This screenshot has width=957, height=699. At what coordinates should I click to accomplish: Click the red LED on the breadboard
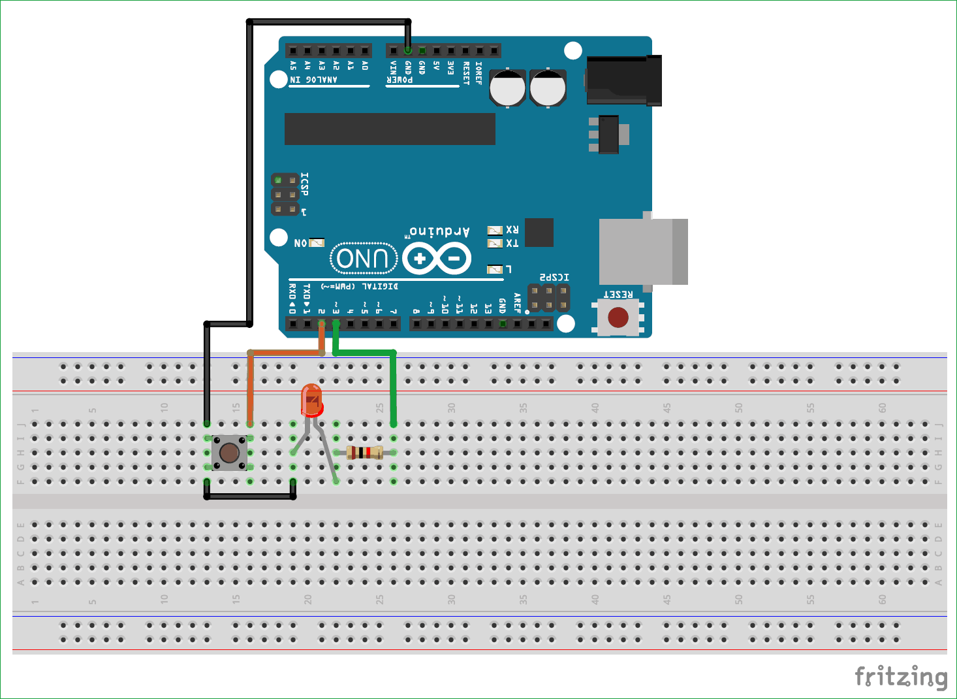pyautogui.click(x=311, y=400)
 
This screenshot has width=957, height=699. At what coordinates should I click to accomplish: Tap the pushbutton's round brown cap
pyautogui.click(x=229, y=453)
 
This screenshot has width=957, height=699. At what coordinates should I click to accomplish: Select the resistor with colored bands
pyautogui.click(x=365, y=452)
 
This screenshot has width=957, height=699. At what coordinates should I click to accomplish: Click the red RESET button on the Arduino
pyautogui.click(x=618, y=317)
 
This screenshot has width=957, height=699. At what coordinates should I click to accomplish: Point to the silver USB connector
pyautogui.click(x=642, y=252)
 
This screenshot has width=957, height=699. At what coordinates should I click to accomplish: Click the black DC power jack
pyautogui.click(x=623, y=80)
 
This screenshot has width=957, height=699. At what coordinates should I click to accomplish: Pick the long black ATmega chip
pyautogui.click(x=390, y=129)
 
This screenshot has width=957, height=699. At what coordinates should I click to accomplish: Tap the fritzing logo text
pyautogui.click(x=901, y=677)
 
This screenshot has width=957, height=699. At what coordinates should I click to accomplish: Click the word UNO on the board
pyautogui.click(x=364, y=259)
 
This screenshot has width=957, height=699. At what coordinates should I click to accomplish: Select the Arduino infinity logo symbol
pyautogui.click(x=437, y=259)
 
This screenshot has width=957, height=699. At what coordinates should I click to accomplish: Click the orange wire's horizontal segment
pyautogui.click(x=285, y=353)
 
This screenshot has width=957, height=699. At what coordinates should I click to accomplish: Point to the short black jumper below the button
pyautogui.click(x=250, y=496)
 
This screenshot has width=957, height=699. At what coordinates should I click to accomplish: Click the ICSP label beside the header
pyautogui.click(x=304, y=184)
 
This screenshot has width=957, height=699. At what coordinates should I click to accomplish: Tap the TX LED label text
pyautogui.click(x=512, y=244)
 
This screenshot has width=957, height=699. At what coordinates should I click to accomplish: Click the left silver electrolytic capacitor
pyautogui.click(x=507, y=88)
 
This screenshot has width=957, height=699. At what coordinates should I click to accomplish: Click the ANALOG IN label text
pyautogui.click(x=314, y=80)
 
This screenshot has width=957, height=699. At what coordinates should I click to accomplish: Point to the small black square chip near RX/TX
pyautogui.click(x=539, y=233)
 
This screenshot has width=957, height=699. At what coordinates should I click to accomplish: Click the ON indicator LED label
pyautogui.click(x=300, y=243)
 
